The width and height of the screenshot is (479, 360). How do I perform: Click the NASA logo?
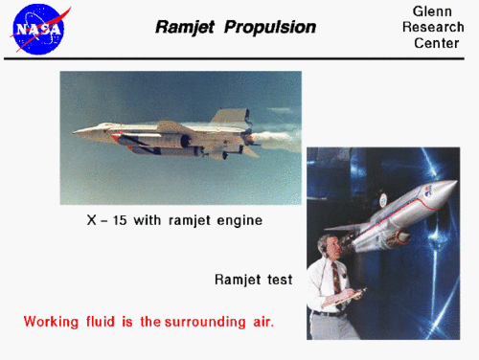pyautogui.click(x=40, y=29)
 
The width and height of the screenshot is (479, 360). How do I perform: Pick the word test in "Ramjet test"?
pyautogui.click(x=279, y=281)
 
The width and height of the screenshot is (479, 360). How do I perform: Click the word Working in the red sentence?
pyautogui.click(x=54, y=322)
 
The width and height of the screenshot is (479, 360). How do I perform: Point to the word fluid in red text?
pyautogui.click(x=105, y=322)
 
